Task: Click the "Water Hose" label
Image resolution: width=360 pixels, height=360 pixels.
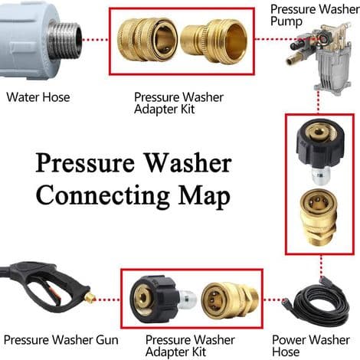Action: [x=38, y=97]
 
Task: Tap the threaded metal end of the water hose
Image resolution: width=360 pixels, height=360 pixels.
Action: [x=65, y=40]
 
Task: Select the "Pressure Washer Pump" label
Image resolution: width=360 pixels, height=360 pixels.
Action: [x=315, y=15]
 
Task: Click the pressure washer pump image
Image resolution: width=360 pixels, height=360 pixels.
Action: [x=321, y=57]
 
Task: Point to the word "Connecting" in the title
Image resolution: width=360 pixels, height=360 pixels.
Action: [x=103, y=196]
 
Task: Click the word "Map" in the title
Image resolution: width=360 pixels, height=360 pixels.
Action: [x=205, y=196]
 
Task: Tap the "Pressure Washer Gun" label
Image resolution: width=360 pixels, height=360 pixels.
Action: [x=61, y=340]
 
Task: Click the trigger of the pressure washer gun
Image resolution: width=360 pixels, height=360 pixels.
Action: [x=50, y=291]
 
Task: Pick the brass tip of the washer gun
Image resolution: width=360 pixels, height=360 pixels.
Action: [x=90, y=297]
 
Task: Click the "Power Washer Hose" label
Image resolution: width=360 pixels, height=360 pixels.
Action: [x=311, y=345]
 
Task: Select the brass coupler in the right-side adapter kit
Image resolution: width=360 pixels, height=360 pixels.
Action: [x=319, y=218]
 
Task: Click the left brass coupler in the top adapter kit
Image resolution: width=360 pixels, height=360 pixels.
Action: [x=147, y=40]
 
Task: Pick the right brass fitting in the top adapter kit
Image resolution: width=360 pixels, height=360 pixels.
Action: [x=214, y=41]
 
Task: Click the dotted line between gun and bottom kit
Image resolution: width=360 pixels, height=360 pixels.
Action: [x=108, y=299]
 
